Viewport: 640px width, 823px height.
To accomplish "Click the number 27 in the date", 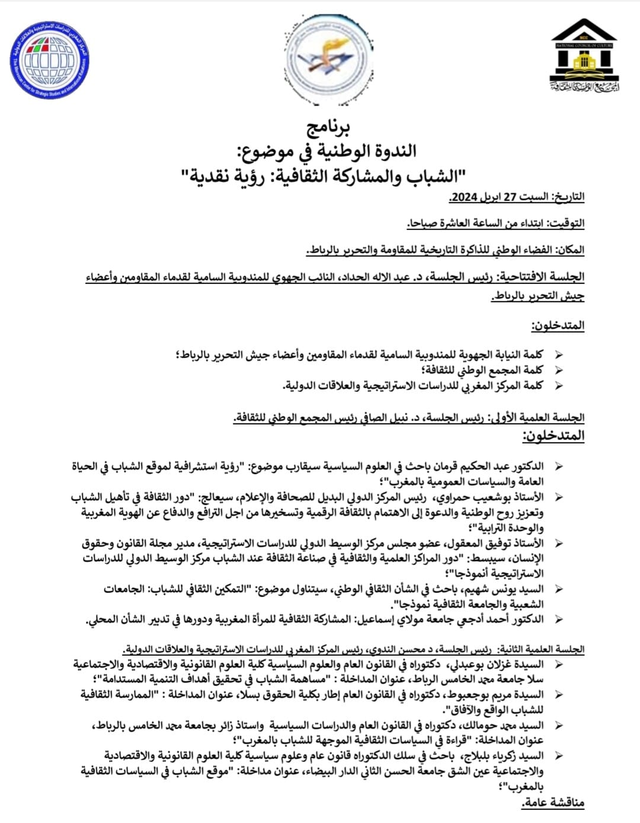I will [510, 197].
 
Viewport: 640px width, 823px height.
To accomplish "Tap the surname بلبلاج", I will [476, 755].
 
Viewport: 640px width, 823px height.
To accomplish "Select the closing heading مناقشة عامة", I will [553, 802].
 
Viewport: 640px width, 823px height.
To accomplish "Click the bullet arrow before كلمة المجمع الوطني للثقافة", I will [557, 371].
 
